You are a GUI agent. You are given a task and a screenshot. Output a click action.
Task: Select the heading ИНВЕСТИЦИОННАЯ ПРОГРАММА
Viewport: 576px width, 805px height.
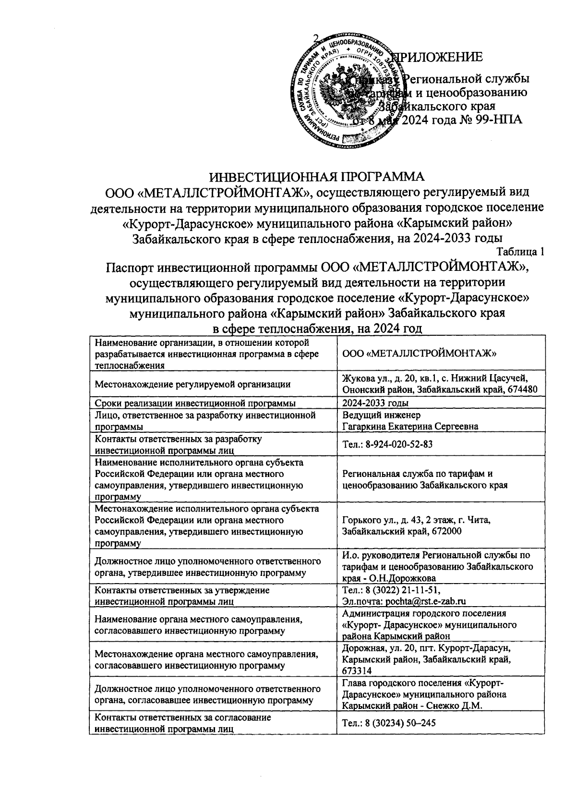[x=318, y=177]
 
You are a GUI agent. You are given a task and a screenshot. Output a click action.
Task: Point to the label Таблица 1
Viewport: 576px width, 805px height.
[x=520, y=251]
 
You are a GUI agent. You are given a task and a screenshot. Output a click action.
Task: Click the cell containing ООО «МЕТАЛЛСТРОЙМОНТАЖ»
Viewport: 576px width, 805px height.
[x=419, y=354]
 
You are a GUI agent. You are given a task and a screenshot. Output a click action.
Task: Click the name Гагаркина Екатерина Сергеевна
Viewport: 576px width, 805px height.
[x=410, y=426]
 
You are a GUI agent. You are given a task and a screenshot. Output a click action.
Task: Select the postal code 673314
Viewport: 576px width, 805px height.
[x=357, y=671]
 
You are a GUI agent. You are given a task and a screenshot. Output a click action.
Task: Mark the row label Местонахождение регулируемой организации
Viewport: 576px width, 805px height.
[x=192, y=384]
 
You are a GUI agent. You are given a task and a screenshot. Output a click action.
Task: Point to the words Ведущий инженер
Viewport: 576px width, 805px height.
[x=381, y=415]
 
